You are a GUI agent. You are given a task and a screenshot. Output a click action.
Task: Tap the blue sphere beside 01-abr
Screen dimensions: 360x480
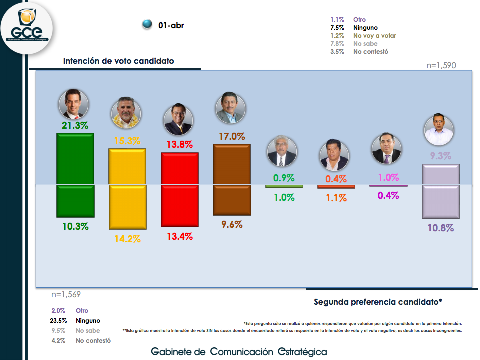(x=147, y=24)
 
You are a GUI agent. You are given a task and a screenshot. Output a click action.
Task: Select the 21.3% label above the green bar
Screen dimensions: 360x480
(x=75, y=125)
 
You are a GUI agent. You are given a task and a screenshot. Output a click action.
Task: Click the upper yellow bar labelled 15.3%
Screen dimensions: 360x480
(x=127, y=166)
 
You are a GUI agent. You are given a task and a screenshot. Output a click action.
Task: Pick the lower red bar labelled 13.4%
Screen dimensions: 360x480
(x=180, y=205)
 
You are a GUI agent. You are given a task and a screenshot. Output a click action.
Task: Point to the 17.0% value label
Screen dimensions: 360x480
(x=231, y=136)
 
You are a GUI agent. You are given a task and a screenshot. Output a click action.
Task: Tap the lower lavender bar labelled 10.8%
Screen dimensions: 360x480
(x=440, y=201)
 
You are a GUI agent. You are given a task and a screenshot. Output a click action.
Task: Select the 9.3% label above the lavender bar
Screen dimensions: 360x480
(x=440, y=156)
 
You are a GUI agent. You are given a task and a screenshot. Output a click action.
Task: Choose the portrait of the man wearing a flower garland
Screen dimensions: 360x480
(x=125, y=113)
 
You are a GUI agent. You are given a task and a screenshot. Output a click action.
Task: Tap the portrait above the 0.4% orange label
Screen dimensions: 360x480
(x=334, y=156)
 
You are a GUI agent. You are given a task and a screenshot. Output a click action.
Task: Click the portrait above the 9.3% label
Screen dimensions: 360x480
(x=439, y=131)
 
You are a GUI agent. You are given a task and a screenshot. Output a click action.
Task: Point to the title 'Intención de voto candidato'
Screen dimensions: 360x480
(x=118, y=61)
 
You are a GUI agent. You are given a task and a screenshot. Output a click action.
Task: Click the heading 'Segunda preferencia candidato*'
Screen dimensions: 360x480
(x=378, y=302)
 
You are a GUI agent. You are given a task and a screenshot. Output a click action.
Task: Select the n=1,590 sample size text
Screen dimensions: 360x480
(x=441, y=65)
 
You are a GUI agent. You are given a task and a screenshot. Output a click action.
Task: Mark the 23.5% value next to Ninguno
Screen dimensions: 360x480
(x=58, y=321)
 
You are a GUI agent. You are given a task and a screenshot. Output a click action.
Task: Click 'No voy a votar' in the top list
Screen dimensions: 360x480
(x=374, y=36)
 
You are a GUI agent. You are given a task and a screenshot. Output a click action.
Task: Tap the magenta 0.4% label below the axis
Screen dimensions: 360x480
(x=388, y=196)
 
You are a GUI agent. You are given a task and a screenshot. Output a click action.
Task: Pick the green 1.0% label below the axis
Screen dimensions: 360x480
(x=284, y=197)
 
